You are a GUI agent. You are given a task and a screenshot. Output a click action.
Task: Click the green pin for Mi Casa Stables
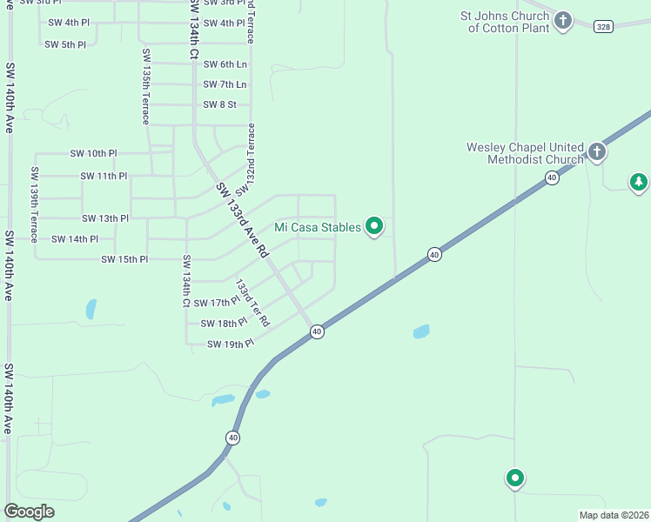[x=375, y=226]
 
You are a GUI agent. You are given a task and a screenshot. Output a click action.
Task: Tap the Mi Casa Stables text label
[x=318, y=228]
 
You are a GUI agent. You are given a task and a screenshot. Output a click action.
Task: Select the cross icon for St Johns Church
[x=563, y=20]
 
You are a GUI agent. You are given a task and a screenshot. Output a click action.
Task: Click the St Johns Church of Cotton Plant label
[x=506, y=22]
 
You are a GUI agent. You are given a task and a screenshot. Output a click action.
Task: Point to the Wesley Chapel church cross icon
[x=597, y=152]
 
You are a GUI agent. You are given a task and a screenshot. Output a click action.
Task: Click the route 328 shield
[x=603, y=27]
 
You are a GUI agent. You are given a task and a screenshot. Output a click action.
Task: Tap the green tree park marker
[x=639, y=182]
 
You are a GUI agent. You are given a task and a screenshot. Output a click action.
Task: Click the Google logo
[x=30, y=512]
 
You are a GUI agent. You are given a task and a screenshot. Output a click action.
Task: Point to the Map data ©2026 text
[x=613, y=515]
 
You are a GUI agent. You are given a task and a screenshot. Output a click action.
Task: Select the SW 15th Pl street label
[x=124, y=259]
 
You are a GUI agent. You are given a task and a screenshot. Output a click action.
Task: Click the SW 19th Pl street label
[x=230, y=345]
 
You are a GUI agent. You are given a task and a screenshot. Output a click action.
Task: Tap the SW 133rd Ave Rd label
[x=242, y=217]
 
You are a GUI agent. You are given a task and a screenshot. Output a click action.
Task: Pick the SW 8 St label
[x=219, y=104]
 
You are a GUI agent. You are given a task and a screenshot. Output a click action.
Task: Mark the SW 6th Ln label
[x=225, y=64]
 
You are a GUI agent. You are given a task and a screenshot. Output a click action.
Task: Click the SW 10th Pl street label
[x=93, y=153]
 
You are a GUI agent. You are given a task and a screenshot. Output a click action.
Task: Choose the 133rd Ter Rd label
[x=252, y=303]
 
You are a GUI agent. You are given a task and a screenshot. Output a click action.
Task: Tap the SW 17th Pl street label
[x=216, y=303]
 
